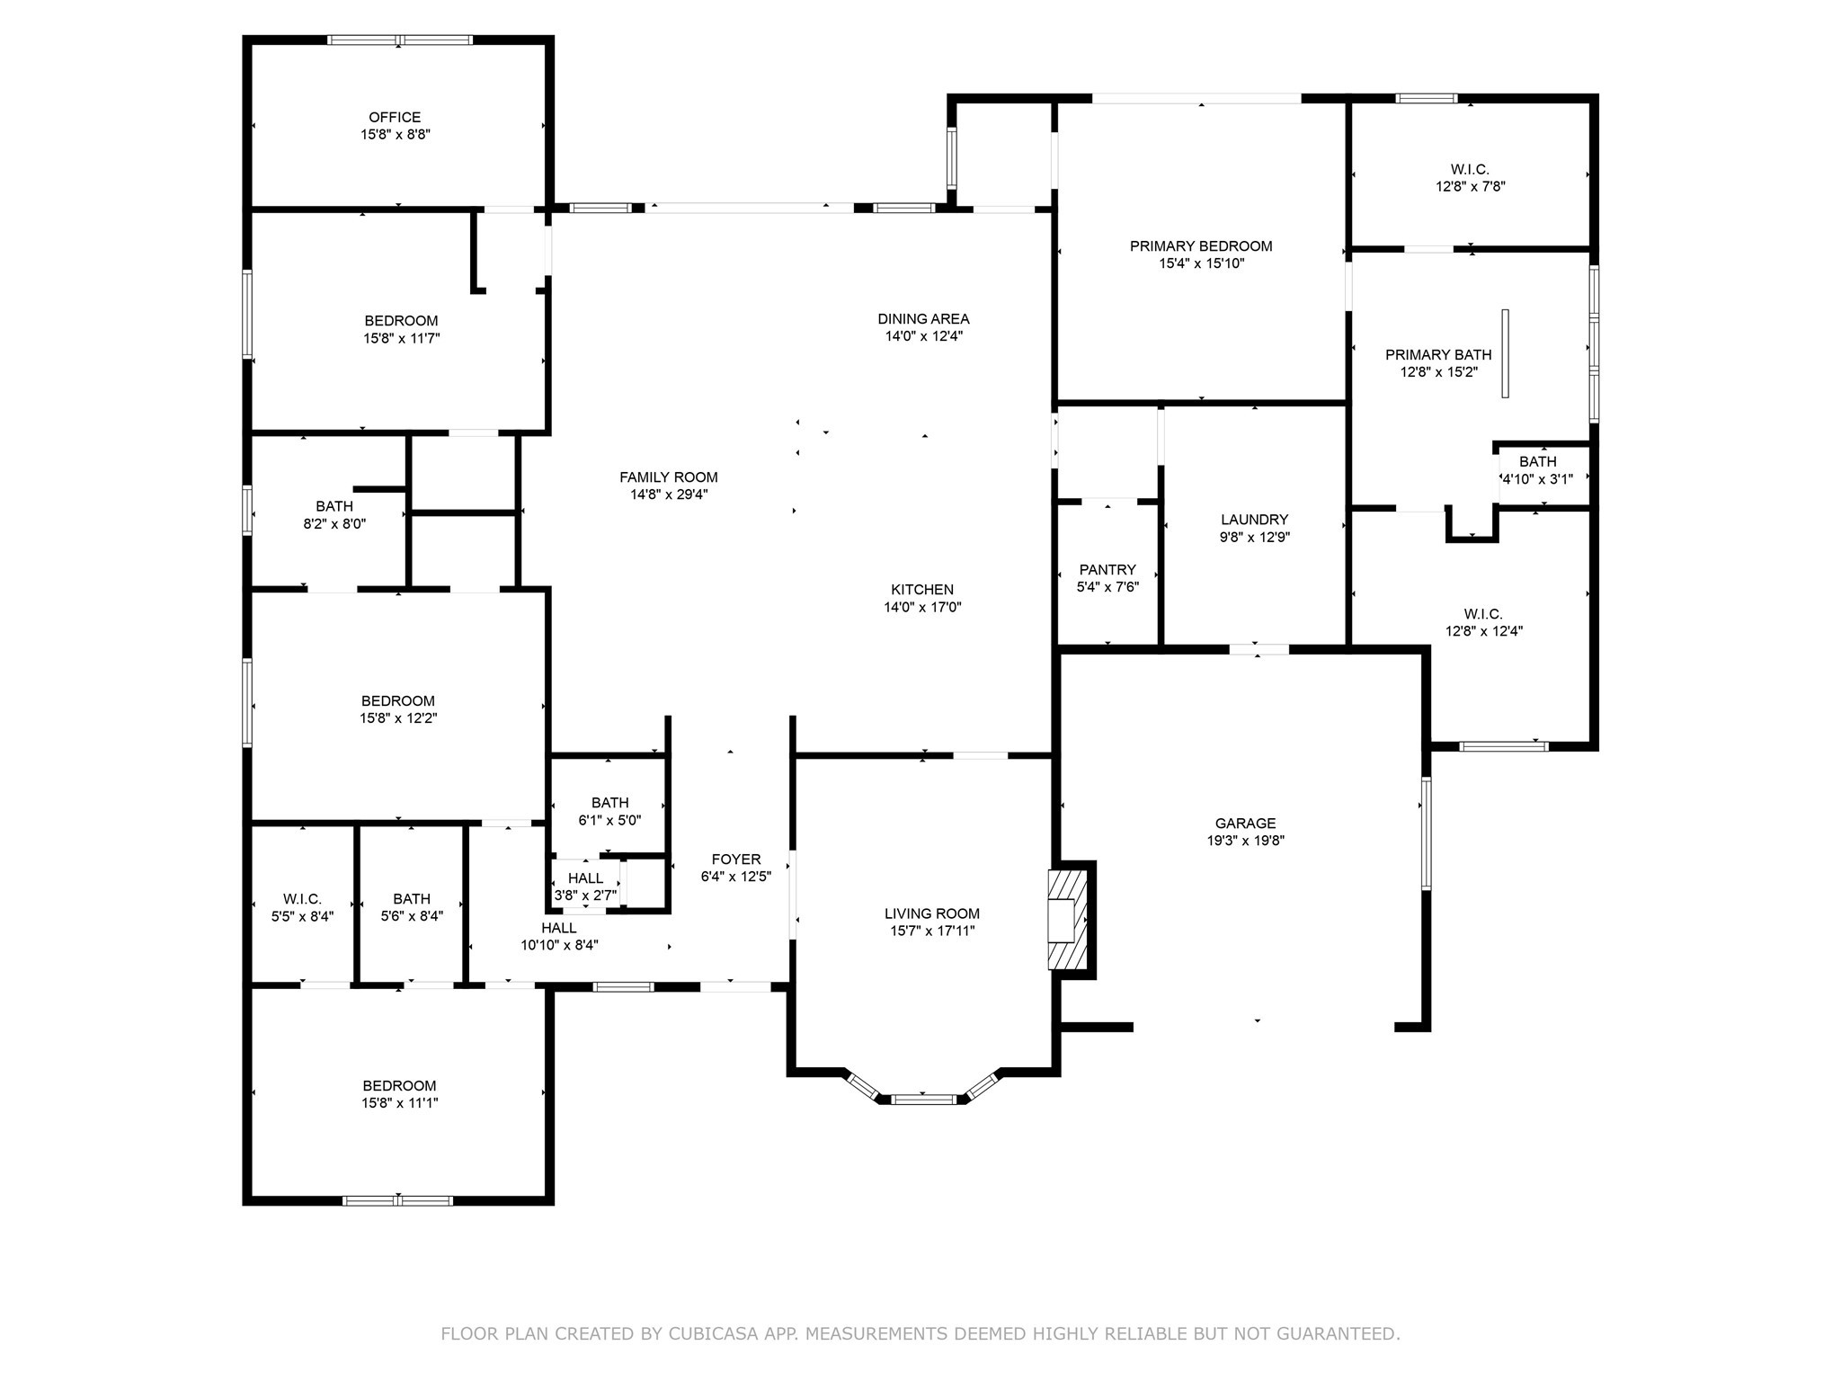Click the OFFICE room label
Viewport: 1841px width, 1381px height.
coord(395,117)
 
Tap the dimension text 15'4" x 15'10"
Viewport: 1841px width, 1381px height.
coord(1201,263)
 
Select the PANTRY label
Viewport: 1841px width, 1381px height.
coord(1107,569)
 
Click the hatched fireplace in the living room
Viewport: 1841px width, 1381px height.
coord(1068,919)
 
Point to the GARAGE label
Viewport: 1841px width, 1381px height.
coord(1245,823)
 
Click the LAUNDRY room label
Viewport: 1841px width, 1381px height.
coord(1254,520)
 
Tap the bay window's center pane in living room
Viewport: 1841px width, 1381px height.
coord(924,1099)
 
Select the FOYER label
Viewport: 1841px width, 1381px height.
coord(736,859)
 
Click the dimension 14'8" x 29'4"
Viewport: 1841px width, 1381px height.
coord(669,494)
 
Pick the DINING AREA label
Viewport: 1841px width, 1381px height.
coord(923,318)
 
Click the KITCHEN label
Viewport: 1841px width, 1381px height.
coord(922,590)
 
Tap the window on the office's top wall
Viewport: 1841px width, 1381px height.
coord(400,40)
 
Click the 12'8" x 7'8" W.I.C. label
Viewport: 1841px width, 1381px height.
coord(1470,169)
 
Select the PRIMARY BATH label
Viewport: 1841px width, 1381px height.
coord(1438,354)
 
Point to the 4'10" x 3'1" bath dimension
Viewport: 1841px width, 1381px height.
coord(1537,479)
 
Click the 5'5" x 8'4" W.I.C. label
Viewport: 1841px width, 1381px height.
coord(302,899)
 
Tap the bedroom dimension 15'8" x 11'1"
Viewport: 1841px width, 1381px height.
coord(400,1103)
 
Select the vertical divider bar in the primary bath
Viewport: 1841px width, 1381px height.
coord(1505,353)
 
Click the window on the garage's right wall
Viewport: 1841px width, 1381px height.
coord(1426,833)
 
